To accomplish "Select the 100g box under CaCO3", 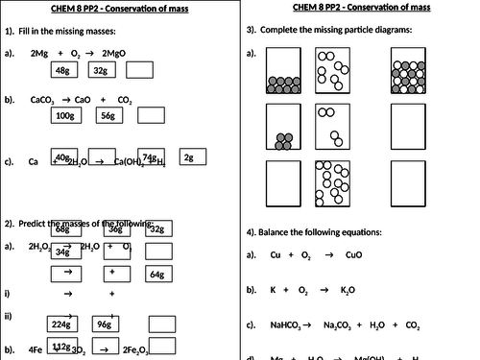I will click(65, 115).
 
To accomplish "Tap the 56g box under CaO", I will click(107, 115).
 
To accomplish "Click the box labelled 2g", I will click(188, 157).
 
